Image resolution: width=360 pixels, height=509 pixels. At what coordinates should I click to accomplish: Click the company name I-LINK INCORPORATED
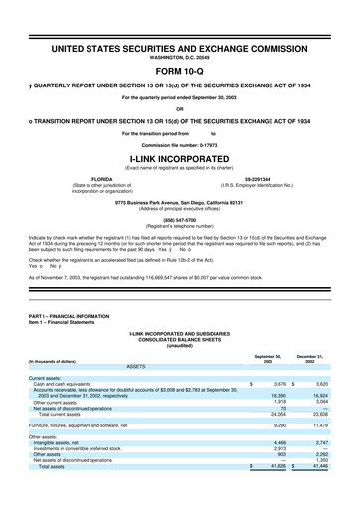coord(179,157)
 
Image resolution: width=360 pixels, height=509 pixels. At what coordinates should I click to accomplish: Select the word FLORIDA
coord(102,180)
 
